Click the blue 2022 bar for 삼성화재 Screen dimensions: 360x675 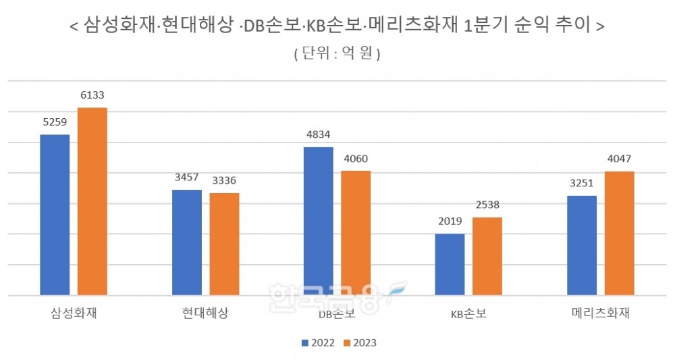tap(55, 215)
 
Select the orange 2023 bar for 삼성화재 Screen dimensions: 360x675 tap(92, 201)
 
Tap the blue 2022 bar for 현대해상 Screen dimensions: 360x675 tap(186, 242)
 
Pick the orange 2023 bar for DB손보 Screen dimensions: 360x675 tap(356, 233)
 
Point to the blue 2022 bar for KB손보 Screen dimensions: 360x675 tap(450, 264)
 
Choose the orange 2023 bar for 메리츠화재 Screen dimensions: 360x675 tap(619, 233)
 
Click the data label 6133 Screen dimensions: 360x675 tap(92, 95)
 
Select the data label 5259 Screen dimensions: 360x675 tap(55, 122)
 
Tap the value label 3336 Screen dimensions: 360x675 tap(223, 181)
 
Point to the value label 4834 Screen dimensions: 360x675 tap(318, 135)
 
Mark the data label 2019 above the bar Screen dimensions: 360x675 tap(450, 222)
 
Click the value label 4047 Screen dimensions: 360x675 tap(619, 159)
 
